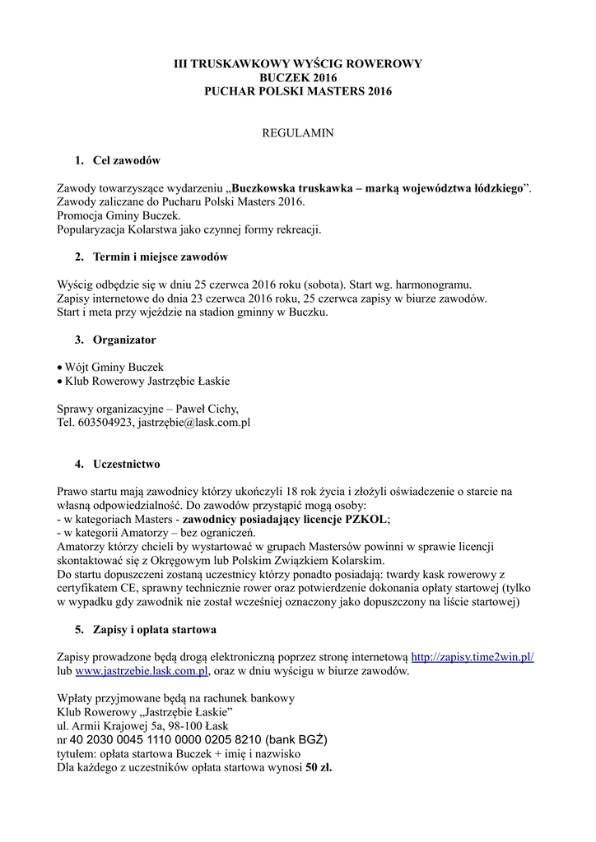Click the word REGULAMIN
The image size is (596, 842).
click(297, 132)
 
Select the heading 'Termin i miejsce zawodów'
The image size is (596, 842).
click(161, 257)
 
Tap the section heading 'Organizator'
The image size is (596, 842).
click(124, 339)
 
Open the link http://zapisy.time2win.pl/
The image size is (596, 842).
click(472, 657)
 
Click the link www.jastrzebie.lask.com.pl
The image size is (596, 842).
click(141, 671)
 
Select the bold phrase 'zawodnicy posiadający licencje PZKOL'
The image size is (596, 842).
click(284, 519)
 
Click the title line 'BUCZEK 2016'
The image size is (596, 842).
click(297, 77)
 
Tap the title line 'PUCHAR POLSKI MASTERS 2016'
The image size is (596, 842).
click(297, 91)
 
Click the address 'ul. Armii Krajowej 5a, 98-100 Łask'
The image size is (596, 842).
click(143, 726)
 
